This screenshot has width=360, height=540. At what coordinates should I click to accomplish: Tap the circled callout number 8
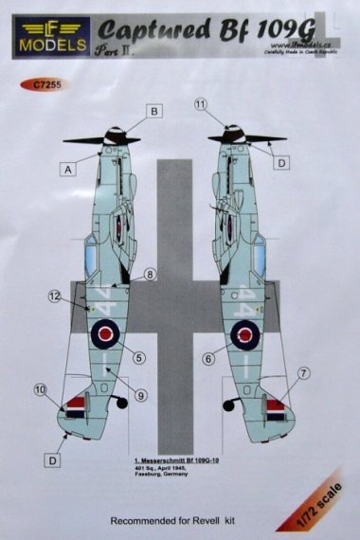tap(150, 277)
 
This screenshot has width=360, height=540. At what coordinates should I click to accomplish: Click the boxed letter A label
tap(69, 170)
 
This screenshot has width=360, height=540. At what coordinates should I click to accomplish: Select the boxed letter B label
tap(151, 110)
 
